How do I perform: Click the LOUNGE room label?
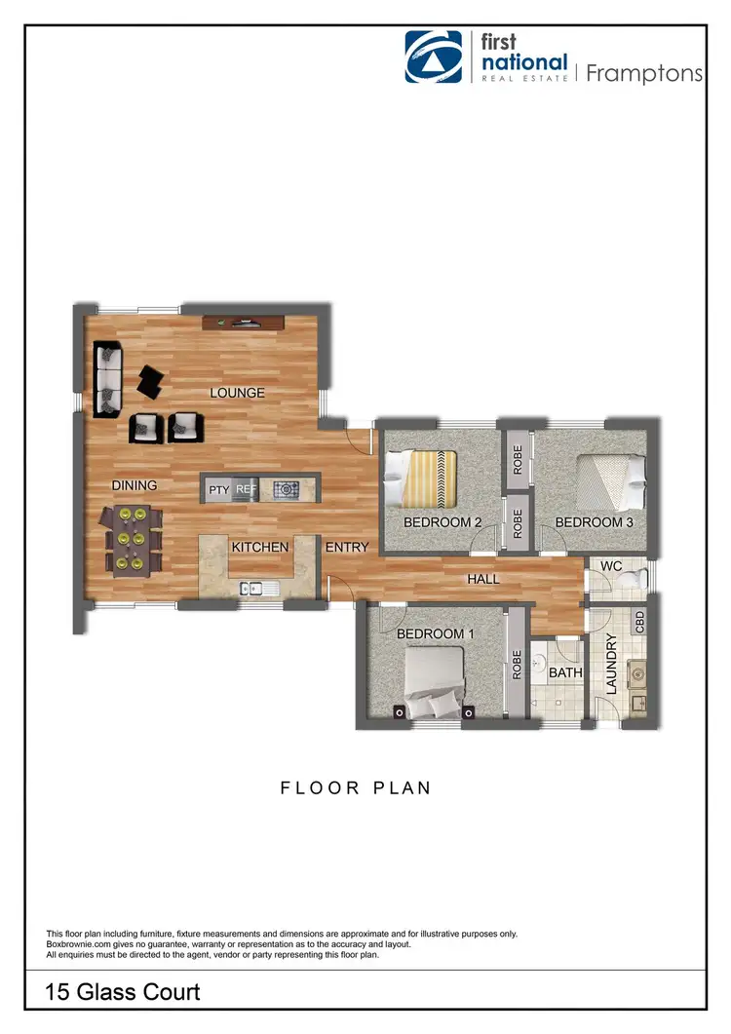[x=237, y=393]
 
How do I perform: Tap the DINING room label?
[x=135, y=484]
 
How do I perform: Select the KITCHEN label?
[x=259, y=547]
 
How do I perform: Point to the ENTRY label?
[x=347, y=547]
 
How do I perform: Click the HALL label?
[x=482, y=579]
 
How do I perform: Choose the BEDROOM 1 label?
[x=435, y=633]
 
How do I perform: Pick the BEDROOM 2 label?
[x=442, y=522]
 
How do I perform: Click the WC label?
[x=611, y=565]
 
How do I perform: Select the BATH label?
[x=565, y=672]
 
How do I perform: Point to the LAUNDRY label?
[x=612, y=664]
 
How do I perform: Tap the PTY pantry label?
[x=217, y=489]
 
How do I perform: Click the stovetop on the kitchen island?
[x=287, y=489]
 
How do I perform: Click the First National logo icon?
[x=434, y=57]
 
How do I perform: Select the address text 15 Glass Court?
[x=123, y=992]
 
